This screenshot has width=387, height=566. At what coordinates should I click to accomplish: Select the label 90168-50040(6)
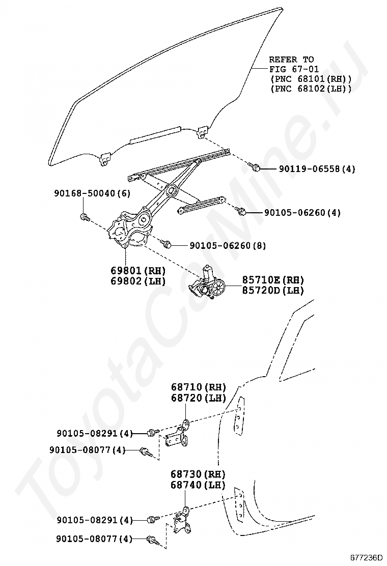click(92, 193)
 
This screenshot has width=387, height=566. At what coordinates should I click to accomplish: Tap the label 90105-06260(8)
click(228, 246)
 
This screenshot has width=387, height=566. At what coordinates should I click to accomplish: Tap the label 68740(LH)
click(199, 485)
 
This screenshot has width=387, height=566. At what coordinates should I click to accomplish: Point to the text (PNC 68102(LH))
click(311, 89)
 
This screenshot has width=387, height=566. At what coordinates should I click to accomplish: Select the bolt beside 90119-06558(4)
click(256, 167)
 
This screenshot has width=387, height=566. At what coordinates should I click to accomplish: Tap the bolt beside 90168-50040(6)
click(85, 218)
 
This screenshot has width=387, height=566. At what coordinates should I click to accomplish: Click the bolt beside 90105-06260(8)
click(166, 244)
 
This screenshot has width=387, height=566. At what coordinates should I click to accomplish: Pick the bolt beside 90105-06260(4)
click(242, 211)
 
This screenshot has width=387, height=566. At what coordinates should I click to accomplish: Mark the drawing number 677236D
click(366, 558)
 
